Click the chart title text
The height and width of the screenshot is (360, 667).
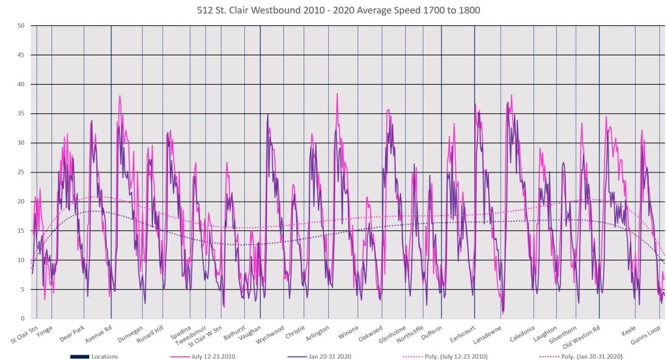[333, 10]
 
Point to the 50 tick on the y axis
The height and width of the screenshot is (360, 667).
[21, 26]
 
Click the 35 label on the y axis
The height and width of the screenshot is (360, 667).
[21, 114]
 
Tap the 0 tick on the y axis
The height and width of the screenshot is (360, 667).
[23, 318]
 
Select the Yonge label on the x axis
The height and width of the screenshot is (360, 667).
[44, 329]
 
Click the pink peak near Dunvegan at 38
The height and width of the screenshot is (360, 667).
[120, 96]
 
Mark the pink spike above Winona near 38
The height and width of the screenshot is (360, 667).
[337, 94]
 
